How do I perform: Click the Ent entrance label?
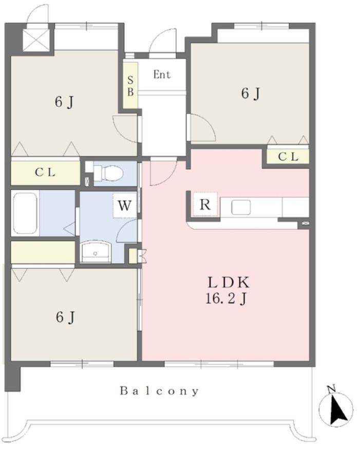(x=162, y=74)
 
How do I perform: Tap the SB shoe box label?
(x=130, y=86)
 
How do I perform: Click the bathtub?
(x=25, y=213)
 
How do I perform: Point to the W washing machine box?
(x=124, y=205)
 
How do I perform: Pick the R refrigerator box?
(x=205, y=204)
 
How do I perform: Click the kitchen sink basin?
(x=241, y=207)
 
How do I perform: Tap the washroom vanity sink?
(x=96, y=252)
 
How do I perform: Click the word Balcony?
(x=159, y=391)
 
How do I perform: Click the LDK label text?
(x=229, y=283)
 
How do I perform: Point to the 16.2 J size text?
(x=226, y=300)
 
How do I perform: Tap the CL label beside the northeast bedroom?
(x=288, y=157)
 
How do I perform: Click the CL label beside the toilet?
(x=45, y=173)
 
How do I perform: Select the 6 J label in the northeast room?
(x=251, y=93)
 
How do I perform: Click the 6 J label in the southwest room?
(x=66, y=317)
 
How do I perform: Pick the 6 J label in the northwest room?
(x=64, y=102)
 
